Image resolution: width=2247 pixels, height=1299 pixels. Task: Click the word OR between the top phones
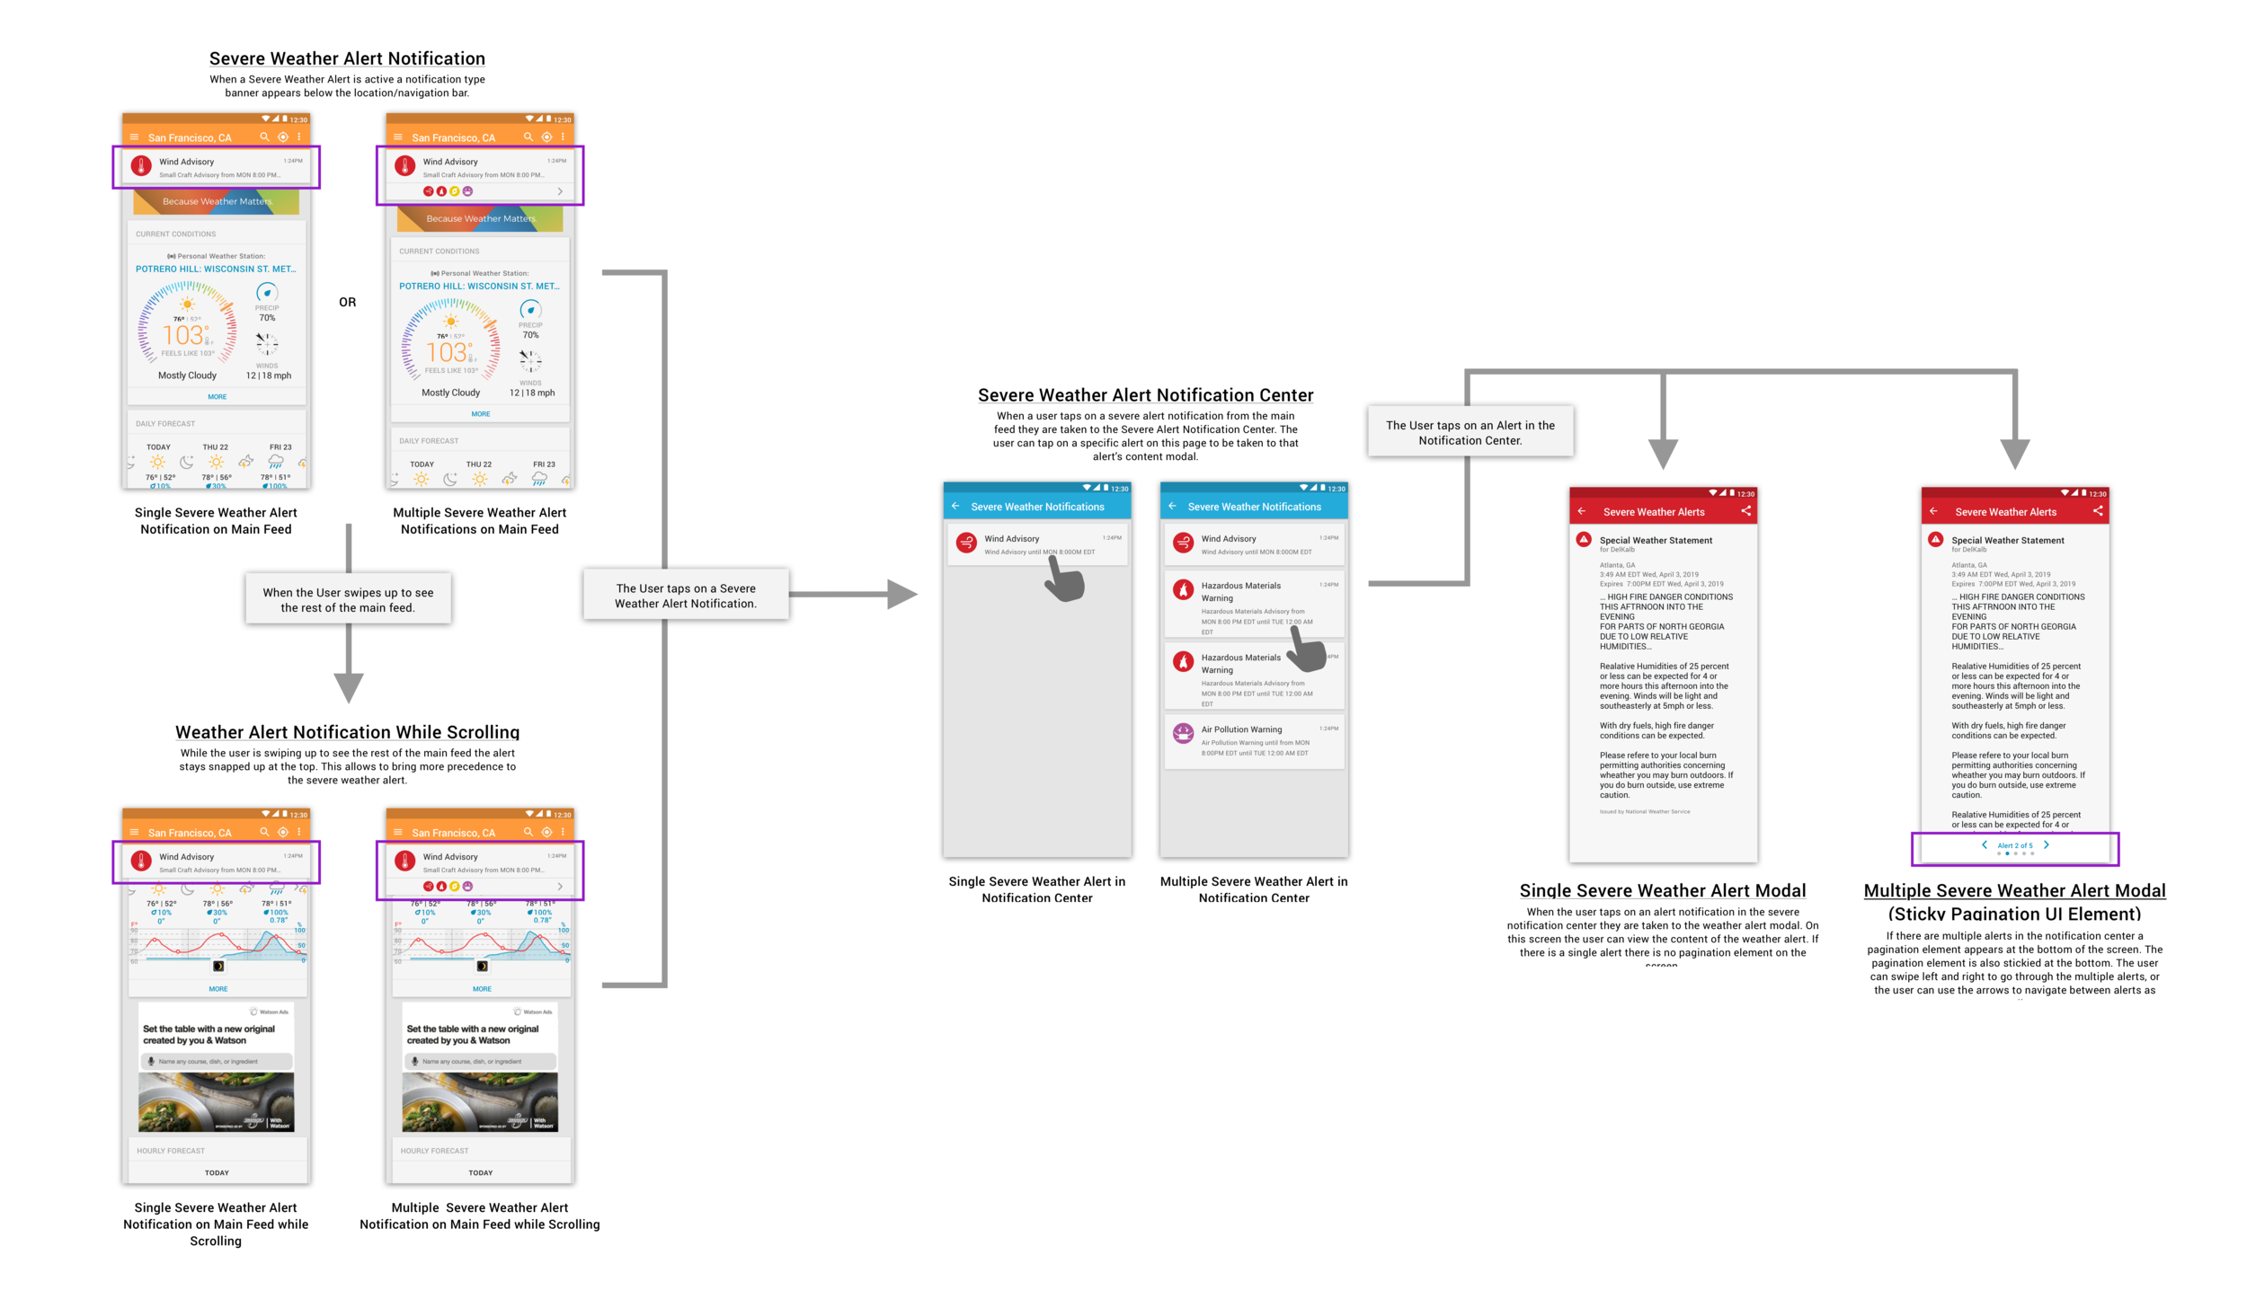coord(347,303)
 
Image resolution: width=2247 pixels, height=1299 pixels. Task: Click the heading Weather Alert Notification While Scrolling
coord(347,732)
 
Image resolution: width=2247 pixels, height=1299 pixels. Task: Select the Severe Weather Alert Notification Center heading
coord(1145,395)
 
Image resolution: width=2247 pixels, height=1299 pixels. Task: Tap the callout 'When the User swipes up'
coord(348,599)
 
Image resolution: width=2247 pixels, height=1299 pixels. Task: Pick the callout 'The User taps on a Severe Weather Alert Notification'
coord(685,596)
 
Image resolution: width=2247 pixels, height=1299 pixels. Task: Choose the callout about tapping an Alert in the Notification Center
coord(1470,432)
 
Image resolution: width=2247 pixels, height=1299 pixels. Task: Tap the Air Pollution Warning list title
coord(1241,729)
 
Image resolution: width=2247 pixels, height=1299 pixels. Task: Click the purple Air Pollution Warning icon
coord(1183,734)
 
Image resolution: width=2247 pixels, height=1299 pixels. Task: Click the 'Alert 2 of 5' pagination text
coord(2014,845)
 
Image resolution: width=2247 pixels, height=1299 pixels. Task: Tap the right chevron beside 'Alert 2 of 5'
coord(2047,844)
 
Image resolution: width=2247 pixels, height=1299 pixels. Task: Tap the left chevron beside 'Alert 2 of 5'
coord(1984,844)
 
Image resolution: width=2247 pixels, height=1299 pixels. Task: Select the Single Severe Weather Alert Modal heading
coord(1662,890)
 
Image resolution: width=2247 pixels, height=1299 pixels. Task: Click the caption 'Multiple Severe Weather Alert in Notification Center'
coord(1253,889)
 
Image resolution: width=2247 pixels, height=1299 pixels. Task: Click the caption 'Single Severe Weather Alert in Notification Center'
coord(1036,889)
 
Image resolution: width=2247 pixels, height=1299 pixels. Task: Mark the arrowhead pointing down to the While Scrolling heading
coord(348,686)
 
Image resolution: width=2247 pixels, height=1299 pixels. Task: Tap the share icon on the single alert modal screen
coord(1745,511)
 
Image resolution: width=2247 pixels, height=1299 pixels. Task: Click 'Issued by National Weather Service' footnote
coord(1644,811)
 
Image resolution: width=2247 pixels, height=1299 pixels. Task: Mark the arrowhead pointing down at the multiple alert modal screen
coord(2014,453)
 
